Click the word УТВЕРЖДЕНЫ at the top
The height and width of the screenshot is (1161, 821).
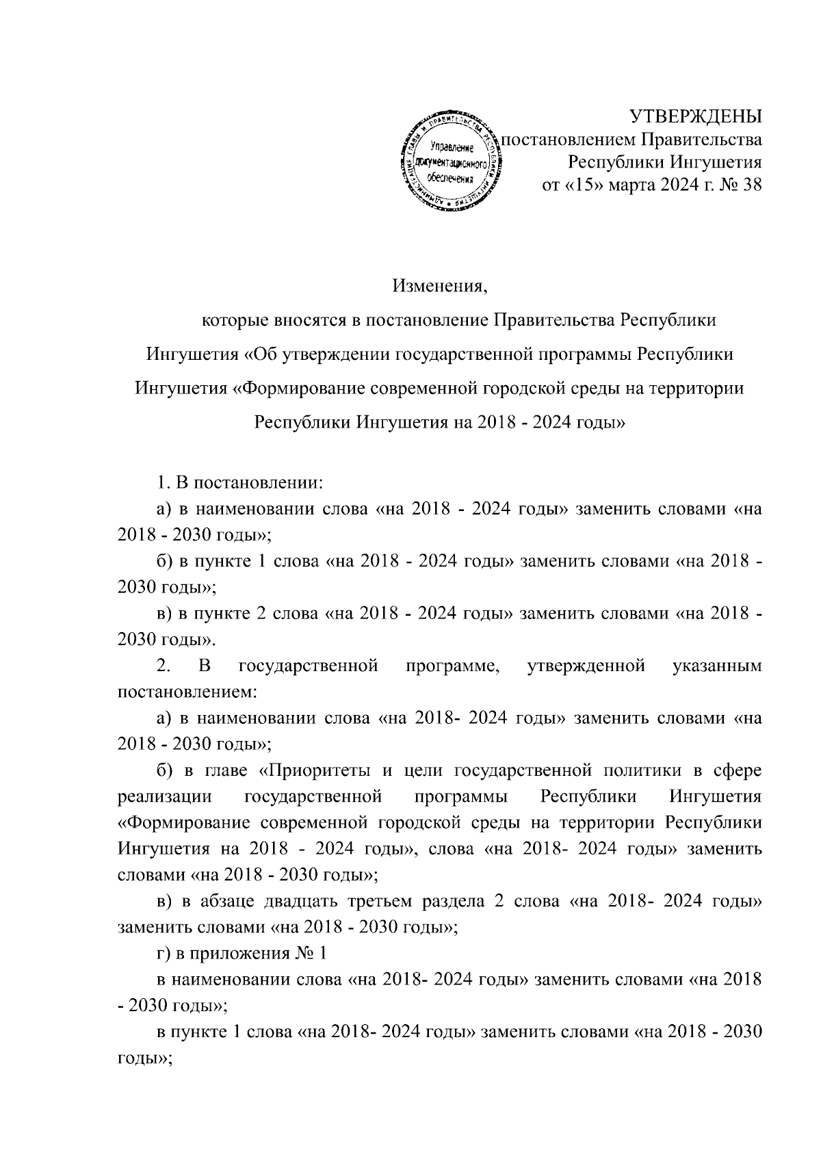(695, 117)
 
